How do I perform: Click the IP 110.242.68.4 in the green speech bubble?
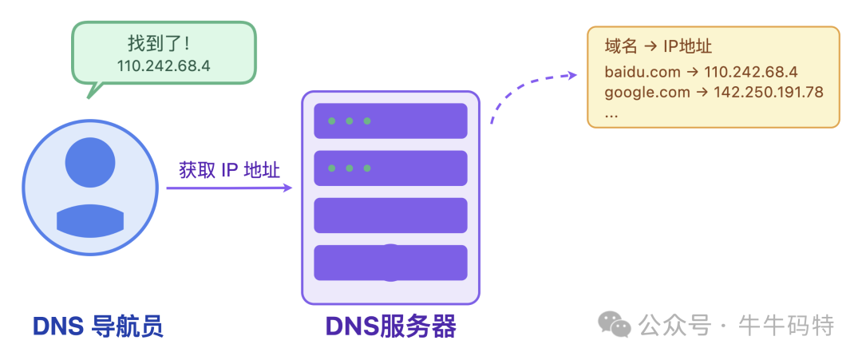(x=163, y=65)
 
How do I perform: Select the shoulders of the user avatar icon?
(x=90, y=220)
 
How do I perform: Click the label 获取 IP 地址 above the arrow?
(x=229, y=170)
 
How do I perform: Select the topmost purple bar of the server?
(x=390, y=121)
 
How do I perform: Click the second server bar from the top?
(x=390, y=168)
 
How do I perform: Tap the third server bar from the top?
(x=390, y=216)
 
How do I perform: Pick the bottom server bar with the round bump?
(x=390, y=263)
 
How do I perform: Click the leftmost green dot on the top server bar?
(x=330, y=121)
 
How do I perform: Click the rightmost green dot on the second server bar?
(x=367, y=168)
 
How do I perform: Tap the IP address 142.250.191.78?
(x=768, y=92)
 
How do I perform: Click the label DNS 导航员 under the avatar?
(x=97, y=326)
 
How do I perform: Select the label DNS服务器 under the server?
(x=390, y=326)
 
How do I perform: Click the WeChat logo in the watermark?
(x=614, y=325)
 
